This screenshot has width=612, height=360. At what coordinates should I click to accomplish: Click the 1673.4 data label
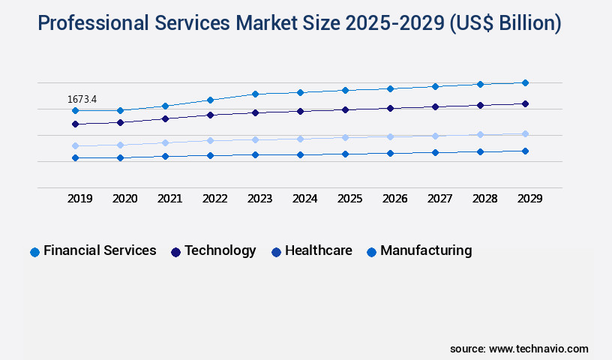tap(82, 99)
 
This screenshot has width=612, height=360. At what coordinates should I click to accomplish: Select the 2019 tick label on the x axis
tap(80, 199)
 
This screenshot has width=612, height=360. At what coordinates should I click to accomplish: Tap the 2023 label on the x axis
tap(259, 199)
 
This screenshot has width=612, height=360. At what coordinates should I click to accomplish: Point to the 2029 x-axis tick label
tap(529, 199)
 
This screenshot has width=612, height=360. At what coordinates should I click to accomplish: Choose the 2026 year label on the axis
tap(394, 199)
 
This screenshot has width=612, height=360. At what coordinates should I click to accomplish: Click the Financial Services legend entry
tap(93, 251)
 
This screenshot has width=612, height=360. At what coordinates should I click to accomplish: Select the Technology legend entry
tap(214, 251)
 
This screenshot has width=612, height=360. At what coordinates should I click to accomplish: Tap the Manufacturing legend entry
tap(419, 251)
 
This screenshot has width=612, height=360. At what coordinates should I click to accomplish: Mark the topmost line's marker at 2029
tap(525, 82)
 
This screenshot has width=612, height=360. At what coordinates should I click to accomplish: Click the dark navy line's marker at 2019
tap(75, 124)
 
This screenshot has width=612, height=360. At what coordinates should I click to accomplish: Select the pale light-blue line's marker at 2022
tap(210, 140)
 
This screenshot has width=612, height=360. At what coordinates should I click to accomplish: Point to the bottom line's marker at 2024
tap(300, 154)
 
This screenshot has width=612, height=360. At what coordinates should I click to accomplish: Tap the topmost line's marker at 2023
tap(255, 94)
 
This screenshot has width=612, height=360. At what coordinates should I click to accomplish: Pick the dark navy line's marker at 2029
tap(525, 103)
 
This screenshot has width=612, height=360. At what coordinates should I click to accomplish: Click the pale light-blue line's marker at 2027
tap(435, 136)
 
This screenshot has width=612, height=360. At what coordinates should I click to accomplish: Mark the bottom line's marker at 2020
tap(120, 157)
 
